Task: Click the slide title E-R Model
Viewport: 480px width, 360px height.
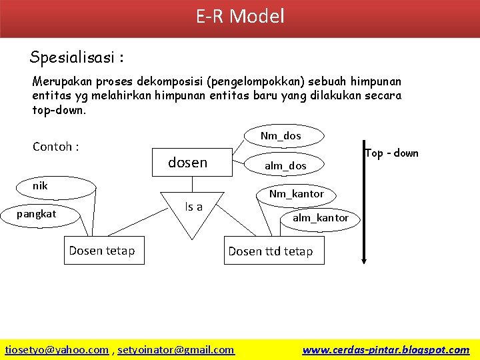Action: click(x=240, y=16)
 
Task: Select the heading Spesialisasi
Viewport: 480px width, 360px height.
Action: click(x=77, y=57)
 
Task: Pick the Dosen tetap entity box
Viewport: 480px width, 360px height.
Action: click(x=103, y=251)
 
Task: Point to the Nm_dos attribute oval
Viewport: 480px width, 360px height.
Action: click(x=281, y=136)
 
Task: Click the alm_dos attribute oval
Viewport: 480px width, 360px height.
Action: click(x=285, y=165)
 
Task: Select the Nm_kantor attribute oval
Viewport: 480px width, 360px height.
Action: click(x=296, y=194)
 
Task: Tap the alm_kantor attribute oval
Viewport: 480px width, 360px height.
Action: click(x=320, y=217)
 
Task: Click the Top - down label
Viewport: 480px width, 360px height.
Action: click(x=392, y=153)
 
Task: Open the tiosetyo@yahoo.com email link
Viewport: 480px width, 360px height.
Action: click(x=57, y=349)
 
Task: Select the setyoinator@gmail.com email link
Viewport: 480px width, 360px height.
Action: click(x=176, y=349)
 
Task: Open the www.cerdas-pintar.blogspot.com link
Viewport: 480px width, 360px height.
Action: click(x=385, y=349)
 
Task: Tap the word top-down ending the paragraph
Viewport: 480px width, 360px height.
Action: click(x=59, y=111)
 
